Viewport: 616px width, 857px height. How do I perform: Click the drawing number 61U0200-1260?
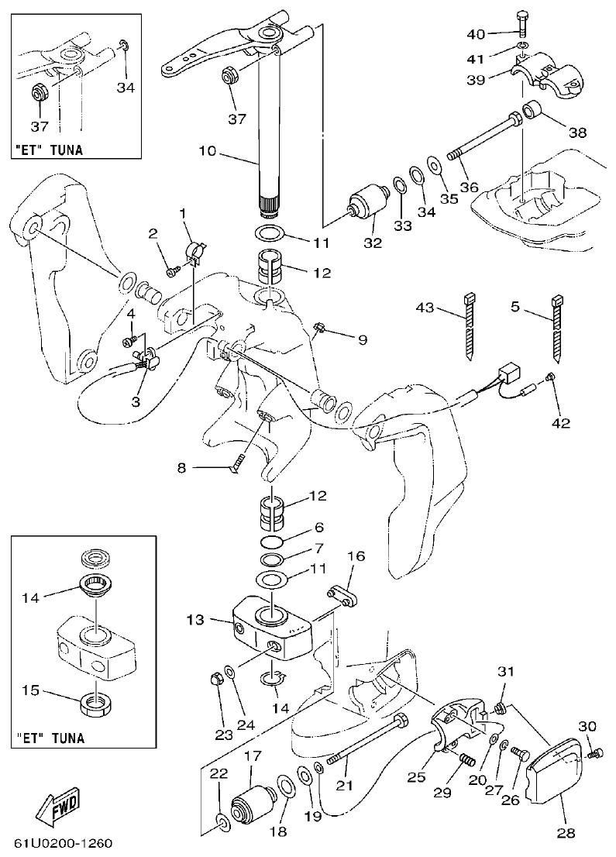point(66,842)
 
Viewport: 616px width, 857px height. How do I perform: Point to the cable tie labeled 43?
point(470,325)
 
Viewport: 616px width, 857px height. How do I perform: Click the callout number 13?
point(195,620)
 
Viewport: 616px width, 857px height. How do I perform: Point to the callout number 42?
point(560,423)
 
